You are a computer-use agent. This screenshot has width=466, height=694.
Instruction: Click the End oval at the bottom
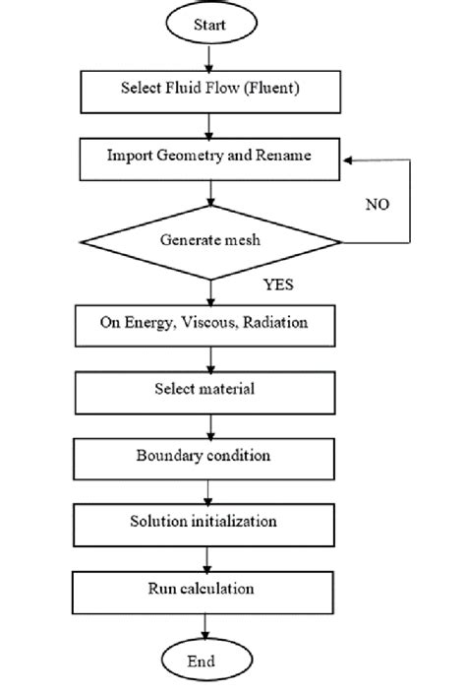[207, 662]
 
